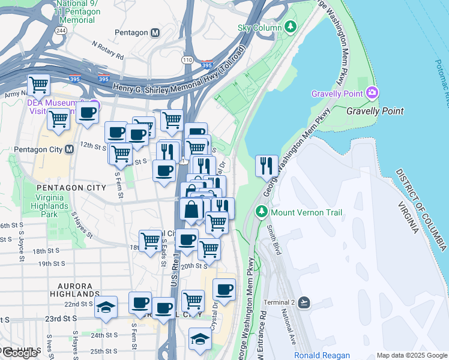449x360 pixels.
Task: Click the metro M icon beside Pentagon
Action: click(x=155, y=32)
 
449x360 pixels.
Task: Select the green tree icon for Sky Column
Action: click(x=291, y=27)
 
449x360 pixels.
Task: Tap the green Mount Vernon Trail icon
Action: click(x=262, y=212)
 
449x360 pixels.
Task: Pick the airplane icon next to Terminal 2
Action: click(x=304, y=302)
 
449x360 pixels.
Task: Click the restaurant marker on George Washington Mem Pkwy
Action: click(x=267, y=165)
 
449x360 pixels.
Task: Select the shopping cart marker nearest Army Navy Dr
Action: click(x=39, y=85)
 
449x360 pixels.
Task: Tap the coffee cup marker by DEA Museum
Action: click(x=88, y=112)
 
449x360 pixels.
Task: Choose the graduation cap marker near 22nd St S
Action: click(x=106, y=307)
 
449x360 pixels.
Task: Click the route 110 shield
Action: click(x=188, y=61)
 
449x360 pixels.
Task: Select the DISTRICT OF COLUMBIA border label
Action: click(x=420, y=210)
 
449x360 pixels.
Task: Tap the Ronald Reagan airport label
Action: click(x=322, y=355)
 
